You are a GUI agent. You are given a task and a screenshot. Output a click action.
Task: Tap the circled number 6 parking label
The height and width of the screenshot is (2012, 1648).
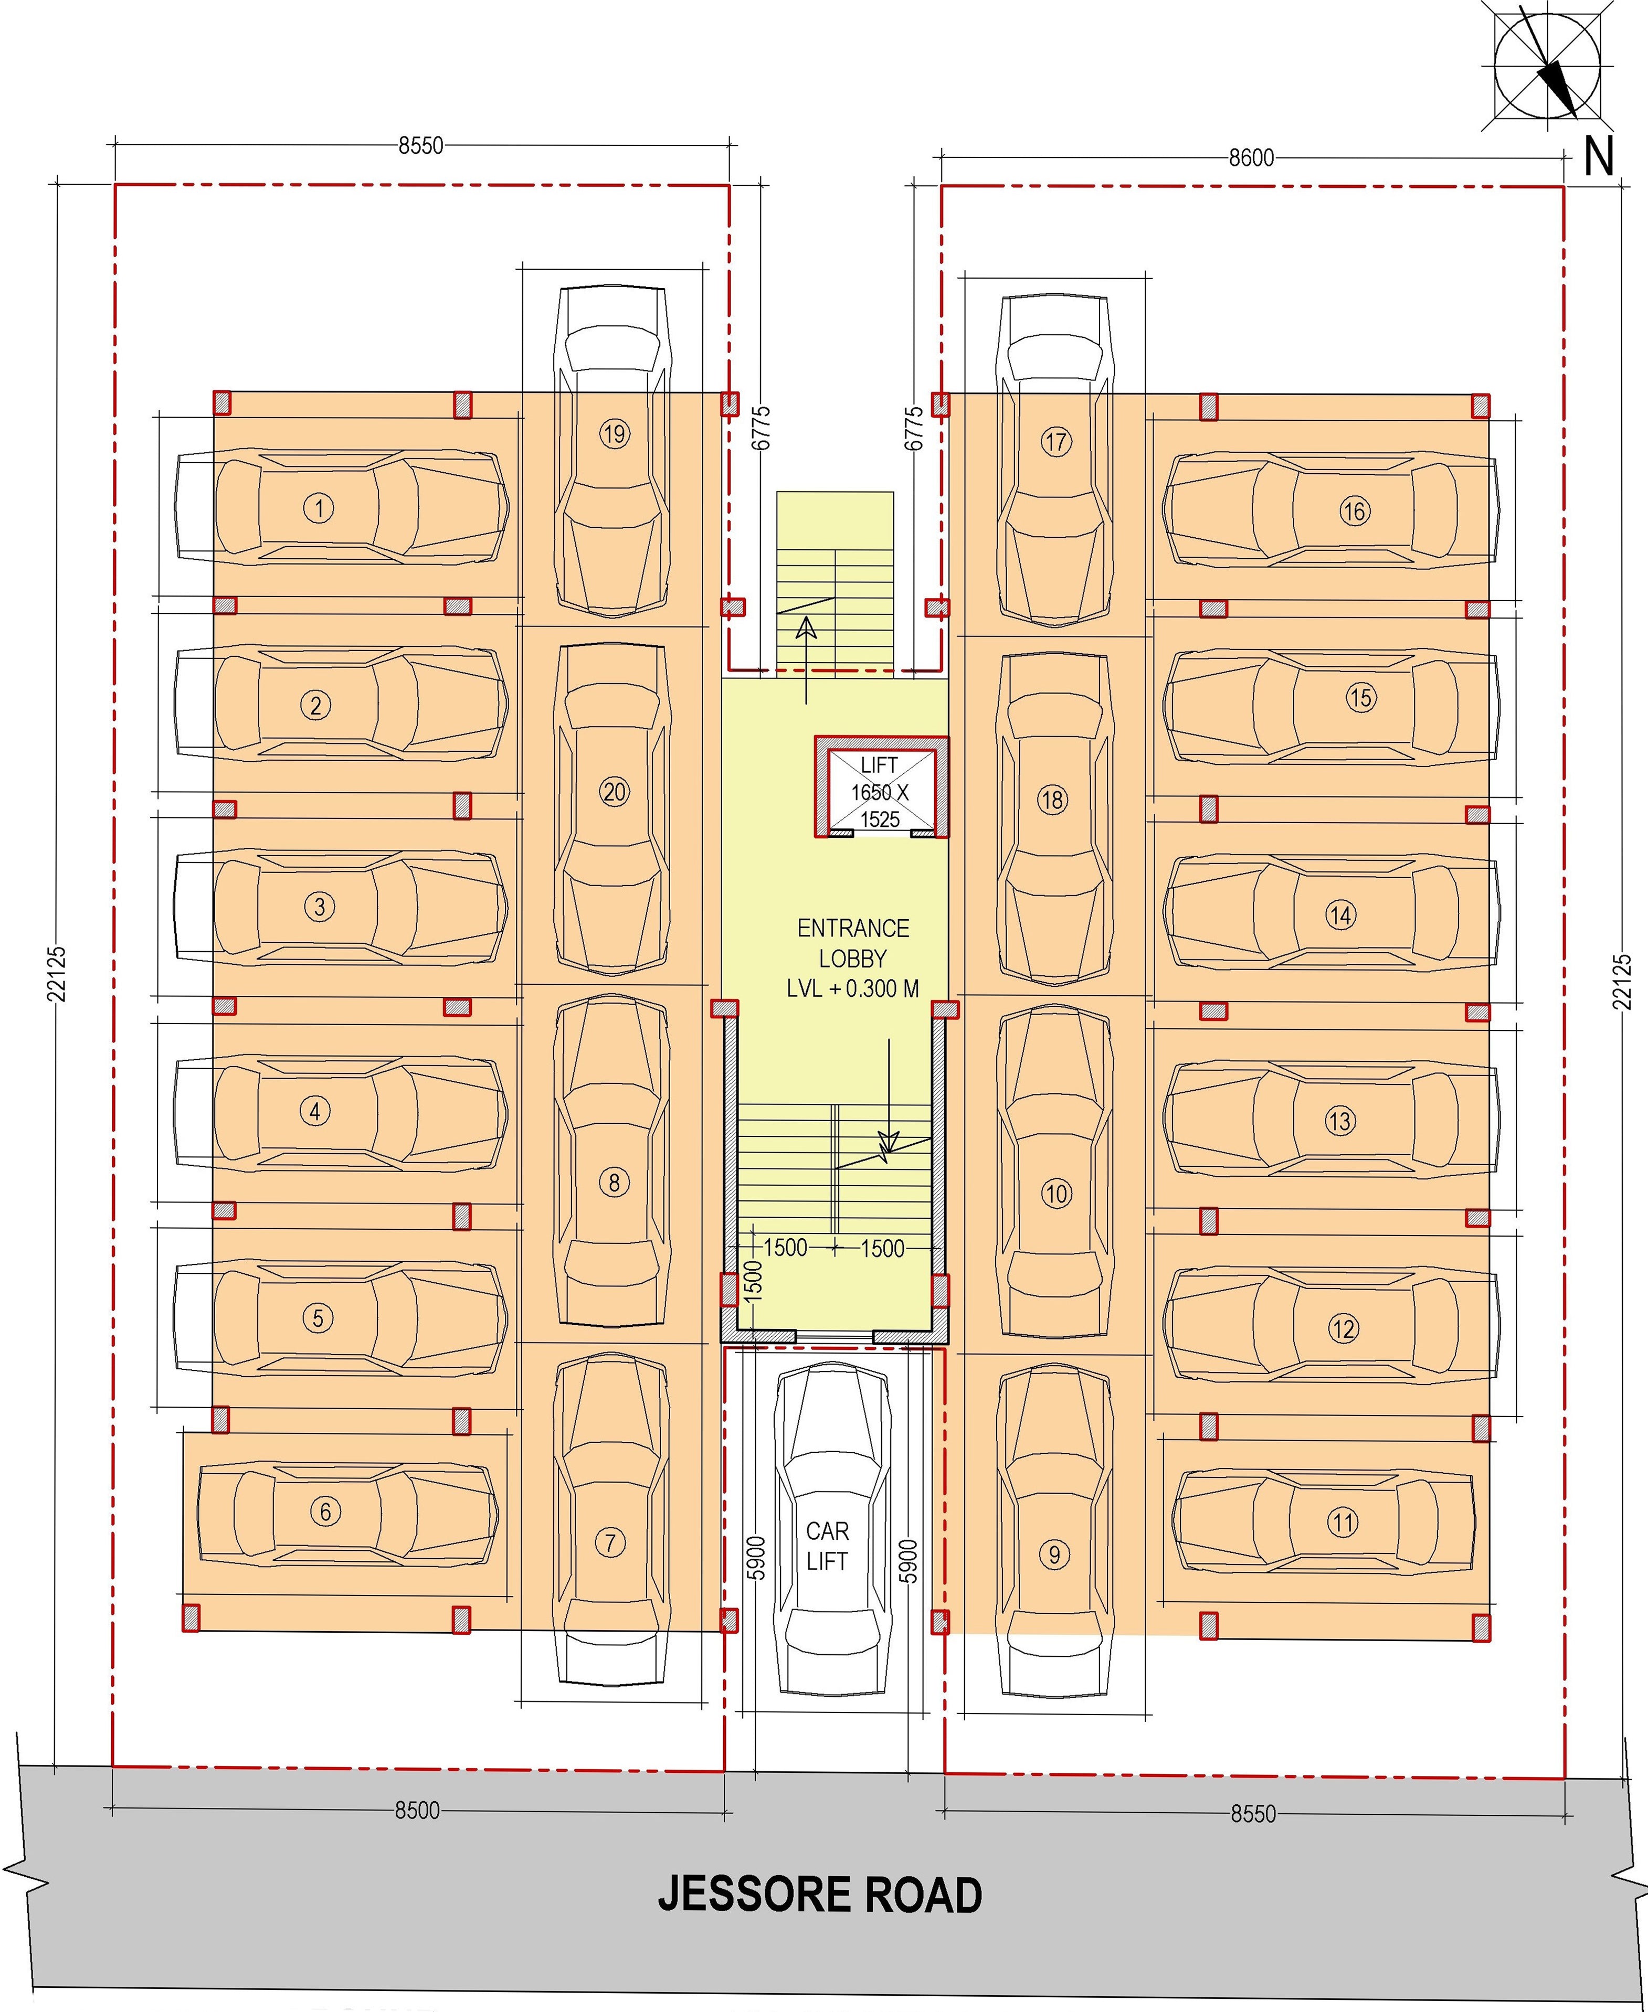coord(325,1511)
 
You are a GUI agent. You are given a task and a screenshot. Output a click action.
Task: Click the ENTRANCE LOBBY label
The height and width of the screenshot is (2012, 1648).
coord(852,942)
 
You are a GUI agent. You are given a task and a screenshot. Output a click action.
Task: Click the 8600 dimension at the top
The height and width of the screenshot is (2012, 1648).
coord(1251,158)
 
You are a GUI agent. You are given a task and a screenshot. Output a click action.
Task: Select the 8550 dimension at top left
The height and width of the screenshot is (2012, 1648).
coord(419,146)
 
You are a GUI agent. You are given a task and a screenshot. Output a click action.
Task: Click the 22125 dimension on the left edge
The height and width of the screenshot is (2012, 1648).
coord(58,973)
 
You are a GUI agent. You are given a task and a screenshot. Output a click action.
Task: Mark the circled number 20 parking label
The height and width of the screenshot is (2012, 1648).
coord(614,792)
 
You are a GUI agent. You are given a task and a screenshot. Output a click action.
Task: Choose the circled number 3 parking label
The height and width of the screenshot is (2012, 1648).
coord(319,907)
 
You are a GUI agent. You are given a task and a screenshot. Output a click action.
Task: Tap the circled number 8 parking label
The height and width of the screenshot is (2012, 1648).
coord(614,1183)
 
